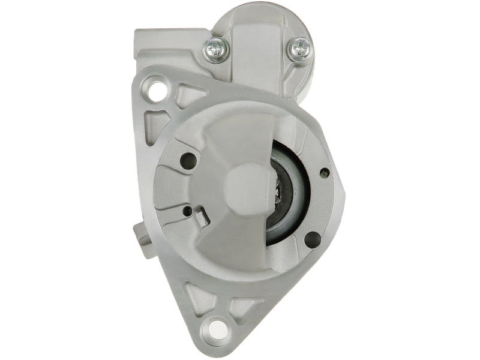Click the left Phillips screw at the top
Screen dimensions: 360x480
[x=215, y=47]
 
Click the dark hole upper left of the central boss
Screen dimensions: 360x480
[x=190, y=160]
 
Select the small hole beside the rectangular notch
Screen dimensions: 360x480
[x=188, y=210]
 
